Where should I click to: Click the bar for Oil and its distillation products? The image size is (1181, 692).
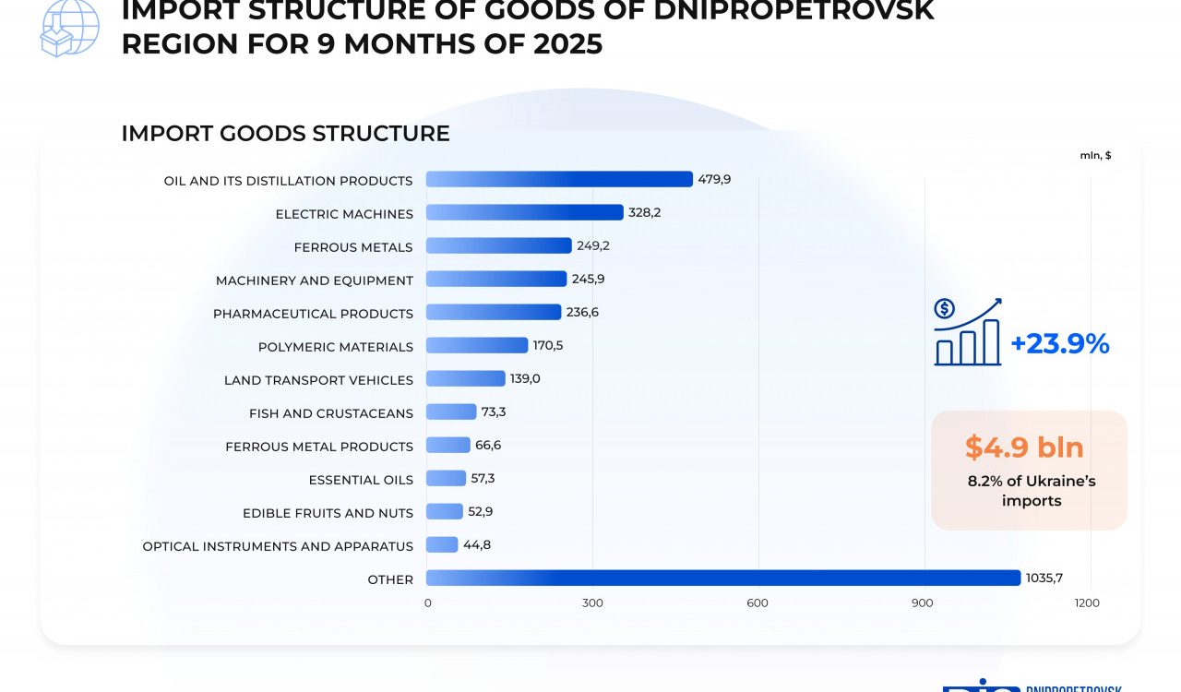[x=559, y=179]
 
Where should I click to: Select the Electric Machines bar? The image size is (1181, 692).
[x=524, y=212]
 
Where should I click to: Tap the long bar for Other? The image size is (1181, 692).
[x=723, y=578]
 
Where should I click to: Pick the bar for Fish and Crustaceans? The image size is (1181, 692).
[x=451, y=412]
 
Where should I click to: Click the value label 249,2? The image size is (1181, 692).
[x=593, y=245]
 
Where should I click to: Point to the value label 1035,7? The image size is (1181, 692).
[x=1044, y=578]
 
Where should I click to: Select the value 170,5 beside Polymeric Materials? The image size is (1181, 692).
[x=549, y=345]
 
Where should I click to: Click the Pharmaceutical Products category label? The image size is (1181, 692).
[x=313, y=314]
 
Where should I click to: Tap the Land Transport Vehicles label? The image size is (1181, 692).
[x=318, y=380]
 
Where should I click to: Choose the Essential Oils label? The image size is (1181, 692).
[x=361, y=480]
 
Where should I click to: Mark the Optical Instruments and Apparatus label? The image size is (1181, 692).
[x=278, y=546]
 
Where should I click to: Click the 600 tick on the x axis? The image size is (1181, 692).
[x=758, y=603]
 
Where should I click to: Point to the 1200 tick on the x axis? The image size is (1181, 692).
[x=1088, y=603]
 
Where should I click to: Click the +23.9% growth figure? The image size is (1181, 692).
[x=1060, y=344]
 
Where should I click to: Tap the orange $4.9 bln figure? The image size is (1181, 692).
[x=1024, y=447]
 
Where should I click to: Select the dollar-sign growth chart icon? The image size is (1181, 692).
[x=968, y=332]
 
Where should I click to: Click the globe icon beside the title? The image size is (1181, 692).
[x=69, y=28]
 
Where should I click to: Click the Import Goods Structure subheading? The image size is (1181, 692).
[x=285, y=134]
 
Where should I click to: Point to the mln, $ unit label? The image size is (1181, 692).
[x=1095, y=155]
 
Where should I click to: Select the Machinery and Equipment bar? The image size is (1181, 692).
[x=496, y=279]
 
